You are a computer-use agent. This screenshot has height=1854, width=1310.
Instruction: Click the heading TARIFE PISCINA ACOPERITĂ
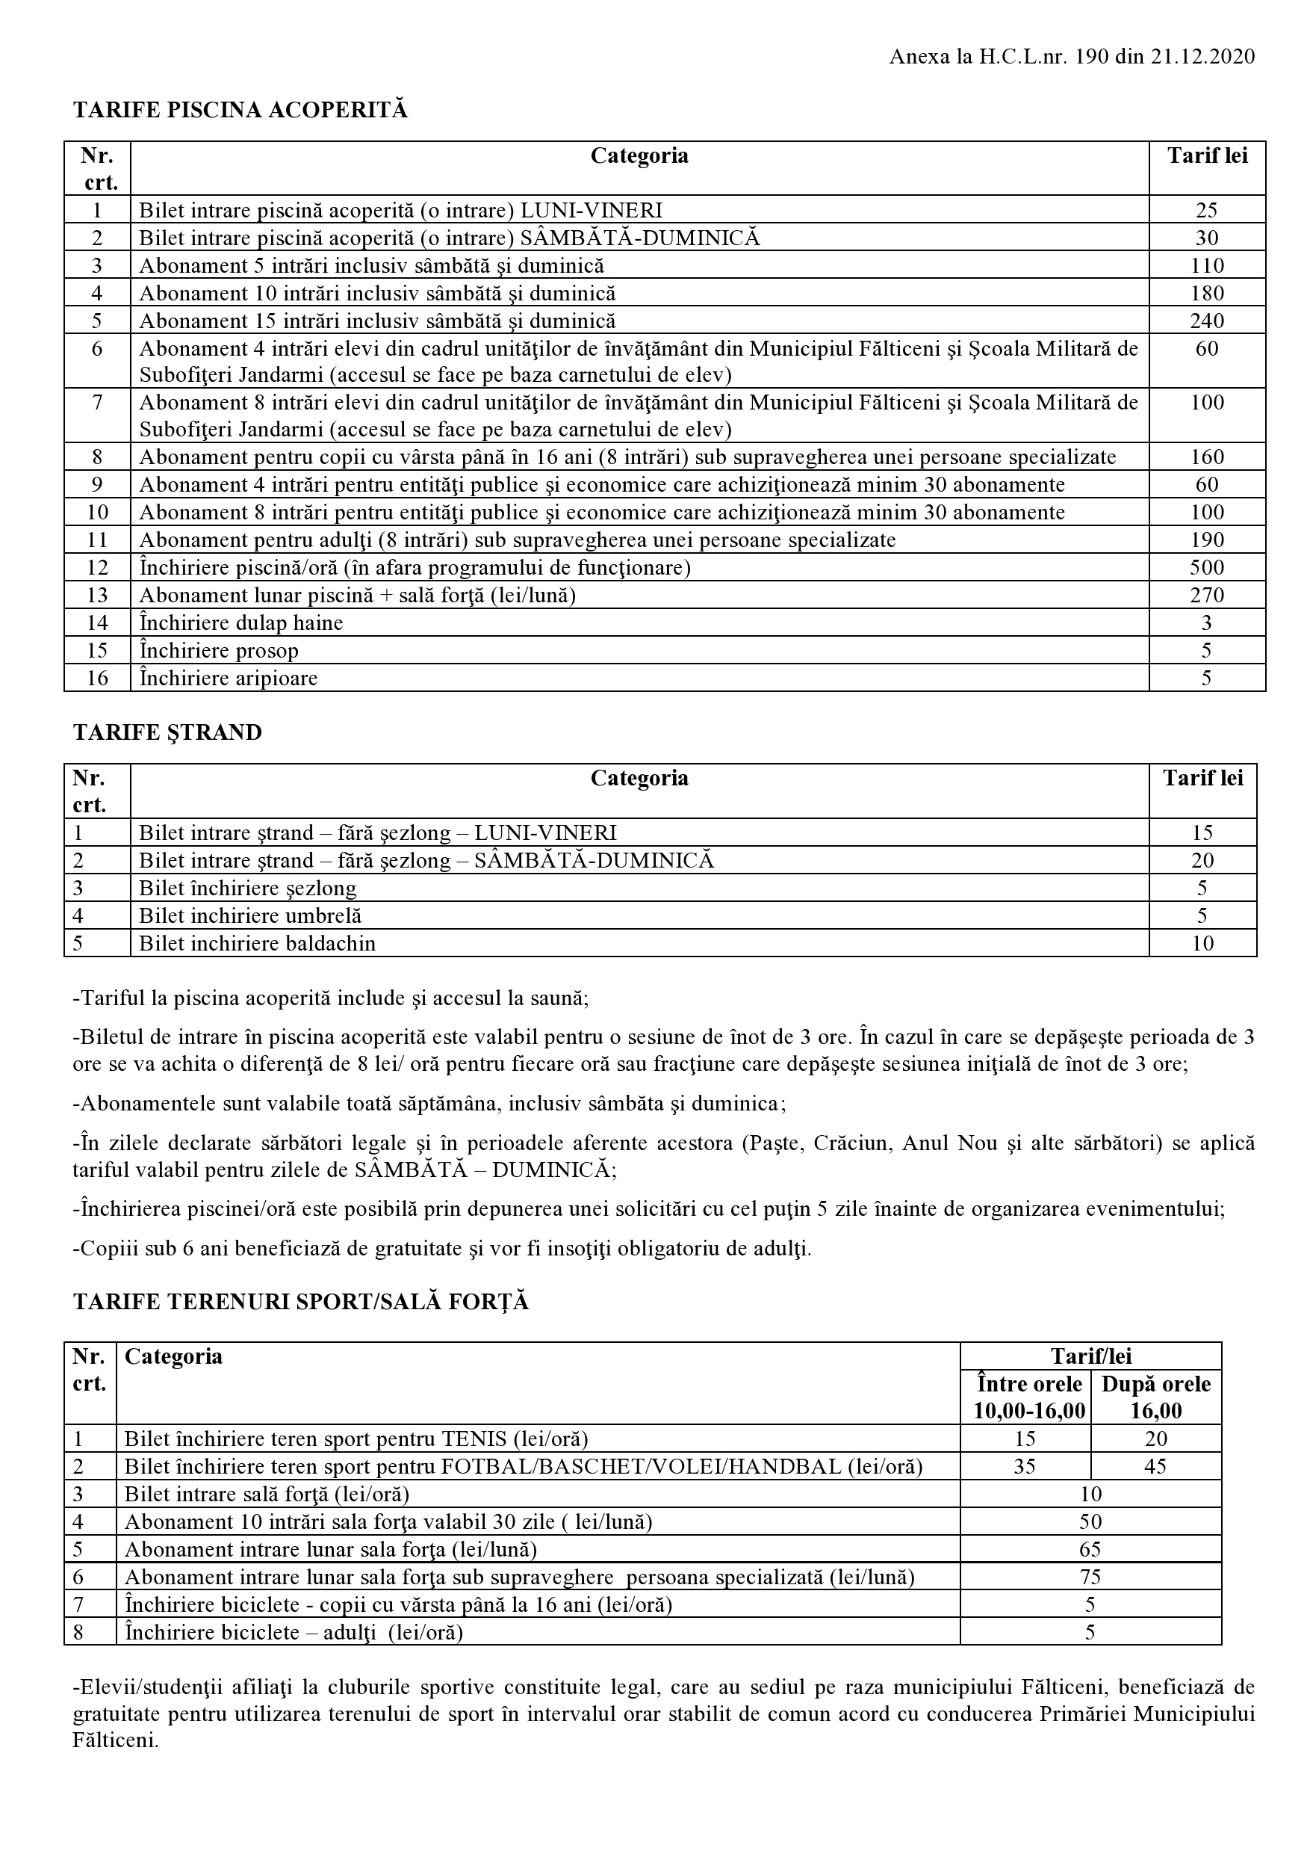coord(240,111)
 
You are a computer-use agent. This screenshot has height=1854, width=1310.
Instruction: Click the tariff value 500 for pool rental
coord(1207,568)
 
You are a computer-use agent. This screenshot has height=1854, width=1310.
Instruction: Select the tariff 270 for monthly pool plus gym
coord(1207,595)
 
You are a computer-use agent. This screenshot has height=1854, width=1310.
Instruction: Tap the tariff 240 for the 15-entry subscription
coord(1207,321)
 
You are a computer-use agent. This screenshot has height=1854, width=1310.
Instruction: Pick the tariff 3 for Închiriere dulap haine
coord(1207,622)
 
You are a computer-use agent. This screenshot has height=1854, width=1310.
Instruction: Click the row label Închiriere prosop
coord(219,650)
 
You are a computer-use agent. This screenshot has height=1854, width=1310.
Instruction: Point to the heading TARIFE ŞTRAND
coord(167,732)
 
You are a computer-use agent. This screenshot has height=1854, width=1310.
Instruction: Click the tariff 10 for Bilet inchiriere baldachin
coord(1202,943)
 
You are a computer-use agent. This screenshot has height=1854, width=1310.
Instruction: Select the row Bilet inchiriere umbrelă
coord(250,915)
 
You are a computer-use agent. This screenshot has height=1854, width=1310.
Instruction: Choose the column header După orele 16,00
coord(1156,1397)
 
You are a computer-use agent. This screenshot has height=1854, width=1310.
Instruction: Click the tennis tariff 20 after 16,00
coord(1156,1439)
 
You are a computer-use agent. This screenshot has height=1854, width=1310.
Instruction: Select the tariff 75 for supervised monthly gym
coord(1090,1576)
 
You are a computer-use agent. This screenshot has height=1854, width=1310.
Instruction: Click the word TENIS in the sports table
coord(471,1439)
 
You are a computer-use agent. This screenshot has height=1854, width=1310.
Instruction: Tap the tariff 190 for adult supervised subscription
coord(1207,540)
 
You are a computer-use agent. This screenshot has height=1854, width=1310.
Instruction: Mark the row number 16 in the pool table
coord(97,678)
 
